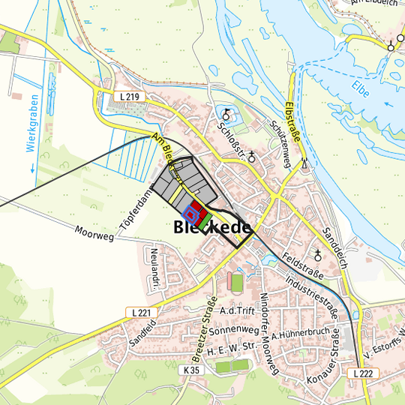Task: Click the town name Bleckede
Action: click(x=212, y=226)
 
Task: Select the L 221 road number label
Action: click(x=141, y=312)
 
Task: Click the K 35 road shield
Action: click(x=191, y=370)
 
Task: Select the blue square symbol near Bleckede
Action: click(x=191, y=215)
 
